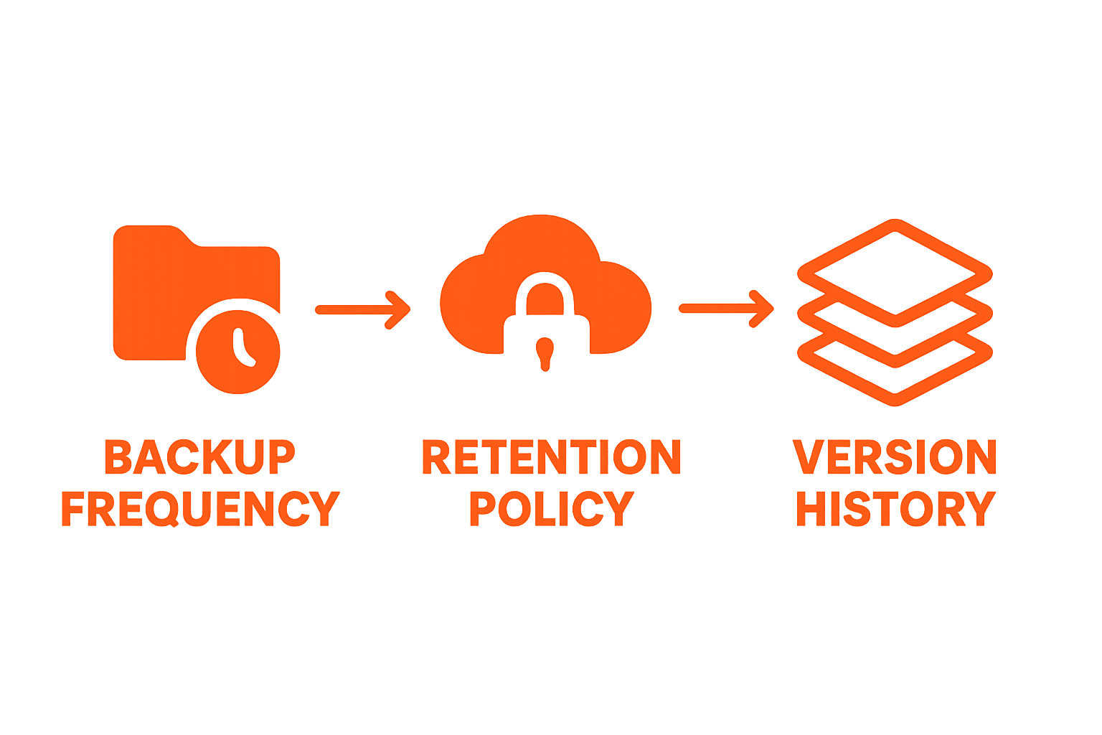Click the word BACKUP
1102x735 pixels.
(199, 457)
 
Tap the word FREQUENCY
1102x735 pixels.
(199, 508)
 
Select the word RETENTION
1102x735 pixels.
(551, 457)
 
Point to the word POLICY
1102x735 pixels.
(551, 508)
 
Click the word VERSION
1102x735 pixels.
(895, 457)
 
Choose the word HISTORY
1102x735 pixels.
(895, 508)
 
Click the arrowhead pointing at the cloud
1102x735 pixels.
(399, 310)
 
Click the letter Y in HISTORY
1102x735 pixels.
(980, 508)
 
